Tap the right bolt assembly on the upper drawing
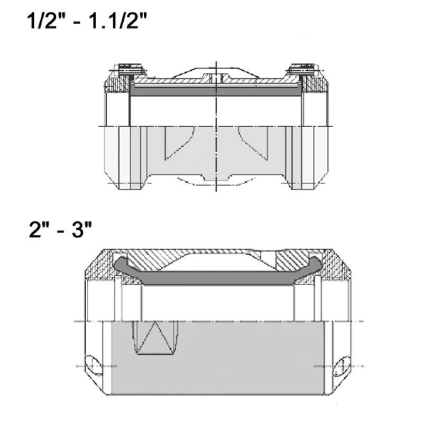pyautogui.click(x=302, y=69)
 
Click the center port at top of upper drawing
pyautogui.click(x=215, y=77)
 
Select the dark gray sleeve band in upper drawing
pyautogui.click(x=216, y=92)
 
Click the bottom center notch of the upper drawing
pyautogui.click(x=216, y=180)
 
